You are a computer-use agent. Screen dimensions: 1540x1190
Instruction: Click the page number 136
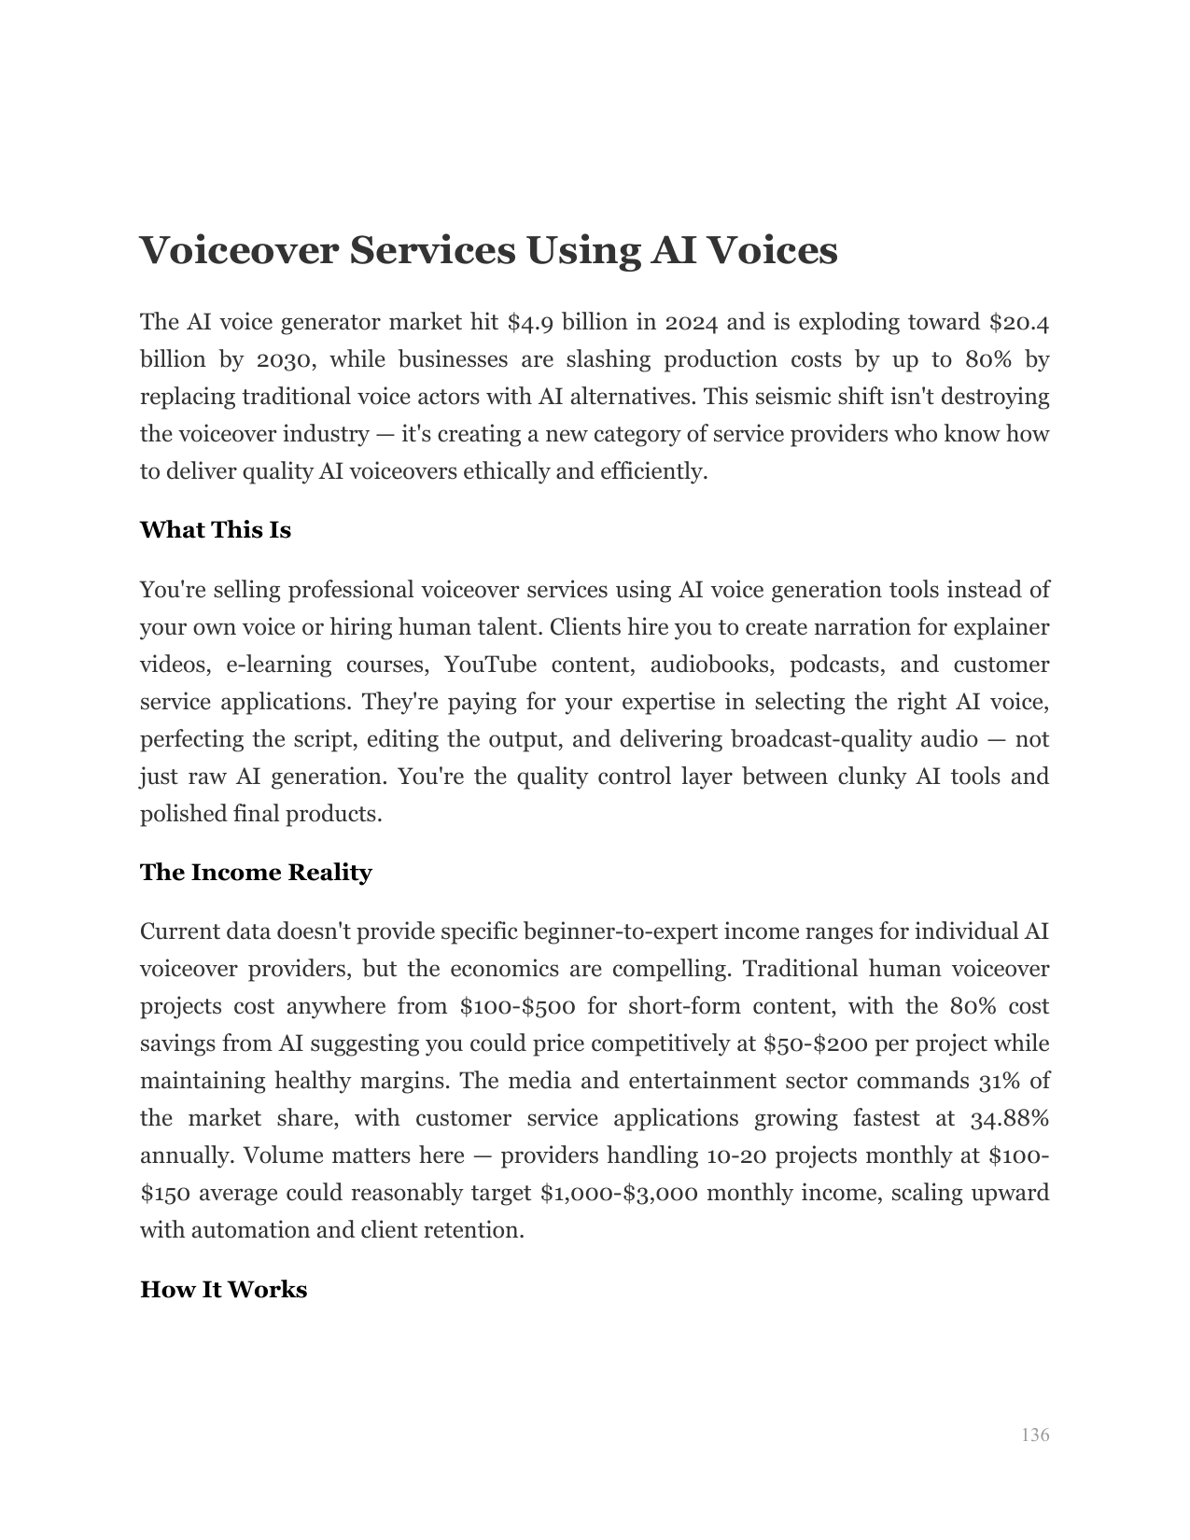[x=1035, y=1435]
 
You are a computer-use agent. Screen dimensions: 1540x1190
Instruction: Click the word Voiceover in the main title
[x=233, y=250]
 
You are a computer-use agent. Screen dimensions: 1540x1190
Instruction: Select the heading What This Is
[x=216, y=530]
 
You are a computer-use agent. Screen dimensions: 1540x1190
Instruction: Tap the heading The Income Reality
[x=256, y=873]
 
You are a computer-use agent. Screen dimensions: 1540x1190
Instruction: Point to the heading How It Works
[x=223, y=1290]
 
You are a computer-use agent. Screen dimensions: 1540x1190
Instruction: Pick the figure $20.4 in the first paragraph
[x=1019, y=323]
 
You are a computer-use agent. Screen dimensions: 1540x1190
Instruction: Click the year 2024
[x=692, y=323]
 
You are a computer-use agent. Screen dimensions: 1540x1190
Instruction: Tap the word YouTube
[x=490, y=665]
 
